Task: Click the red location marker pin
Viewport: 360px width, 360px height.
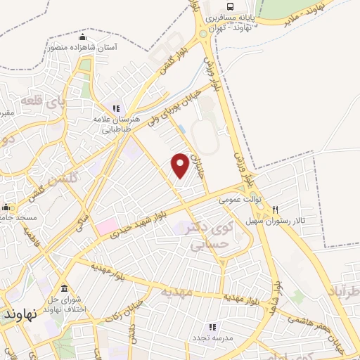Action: pos(181,165)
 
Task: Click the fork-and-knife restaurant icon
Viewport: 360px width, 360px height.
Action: pos(275,210)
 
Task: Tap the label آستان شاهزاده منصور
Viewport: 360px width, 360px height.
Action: pos(84,48)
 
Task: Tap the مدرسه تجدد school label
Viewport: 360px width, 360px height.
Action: pos(212,338)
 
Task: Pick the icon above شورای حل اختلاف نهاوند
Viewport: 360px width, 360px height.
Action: pos(65,289)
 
